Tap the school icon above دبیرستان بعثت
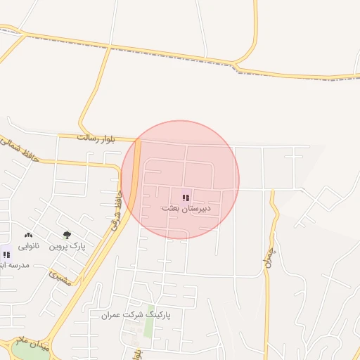click(186, 198)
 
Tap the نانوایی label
click(29, 245)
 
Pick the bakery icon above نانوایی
click(28, 235)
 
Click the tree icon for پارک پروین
click(67, 235)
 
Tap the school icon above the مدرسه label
click(6, 255)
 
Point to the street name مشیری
click(62, 278)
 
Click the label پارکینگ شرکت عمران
click(136, 315)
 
